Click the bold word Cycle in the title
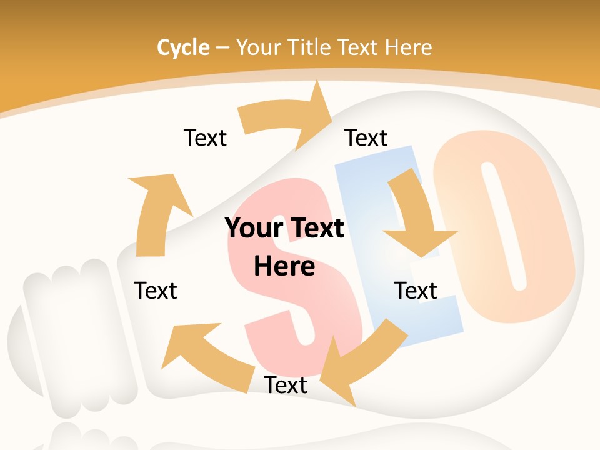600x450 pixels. [183, 47]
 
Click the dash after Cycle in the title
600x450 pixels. [222, 48]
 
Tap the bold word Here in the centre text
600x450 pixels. [284, 266]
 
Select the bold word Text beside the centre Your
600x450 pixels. [316, 228]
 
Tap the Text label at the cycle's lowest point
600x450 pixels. [286, 385]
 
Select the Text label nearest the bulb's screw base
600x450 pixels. [156, 291]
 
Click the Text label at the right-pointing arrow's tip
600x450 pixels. [366, 137]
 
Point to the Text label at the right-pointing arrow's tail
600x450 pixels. [205, 137]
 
